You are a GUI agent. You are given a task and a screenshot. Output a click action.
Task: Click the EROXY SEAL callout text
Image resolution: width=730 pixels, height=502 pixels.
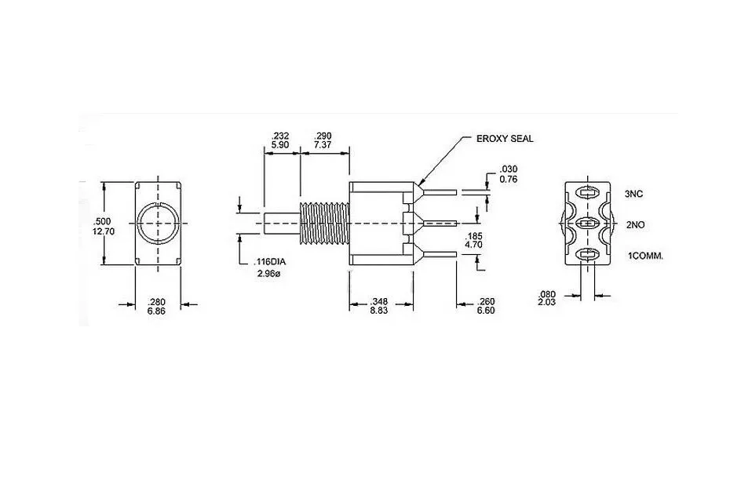click(x=505, y=139)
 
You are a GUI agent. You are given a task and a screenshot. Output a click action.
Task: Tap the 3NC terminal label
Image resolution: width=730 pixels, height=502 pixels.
click(x=633, y=194)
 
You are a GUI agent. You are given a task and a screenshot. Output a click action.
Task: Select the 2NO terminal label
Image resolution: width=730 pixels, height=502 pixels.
click(x=636, y=224)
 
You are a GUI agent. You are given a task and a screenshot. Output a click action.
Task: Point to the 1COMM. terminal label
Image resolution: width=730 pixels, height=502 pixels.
click(x=646, y=256)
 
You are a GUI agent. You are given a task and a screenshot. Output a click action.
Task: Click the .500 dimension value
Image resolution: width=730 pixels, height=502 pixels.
click(x=102, y=221)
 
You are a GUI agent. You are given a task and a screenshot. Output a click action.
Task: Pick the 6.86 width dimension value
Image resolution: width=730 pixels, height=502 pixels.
click(x=156, y=311)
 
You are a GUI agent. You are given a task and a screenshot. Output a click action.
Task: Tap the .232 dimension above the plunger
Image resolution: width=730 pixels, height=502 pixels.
click(x=280, y=136)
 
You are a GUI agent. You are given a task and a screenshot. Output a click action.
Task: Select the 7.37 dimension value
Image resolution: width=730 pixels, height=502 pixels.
click(x=323, y=144)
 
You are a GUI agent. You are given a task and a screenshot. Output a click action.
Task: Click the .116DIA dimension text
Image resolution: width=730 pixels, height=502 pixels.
click(x=269, y=262)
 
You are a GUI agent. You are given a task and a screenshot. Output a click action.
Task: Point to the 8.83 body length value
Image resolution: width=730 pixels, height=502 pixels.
click(x=379, y=311)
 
